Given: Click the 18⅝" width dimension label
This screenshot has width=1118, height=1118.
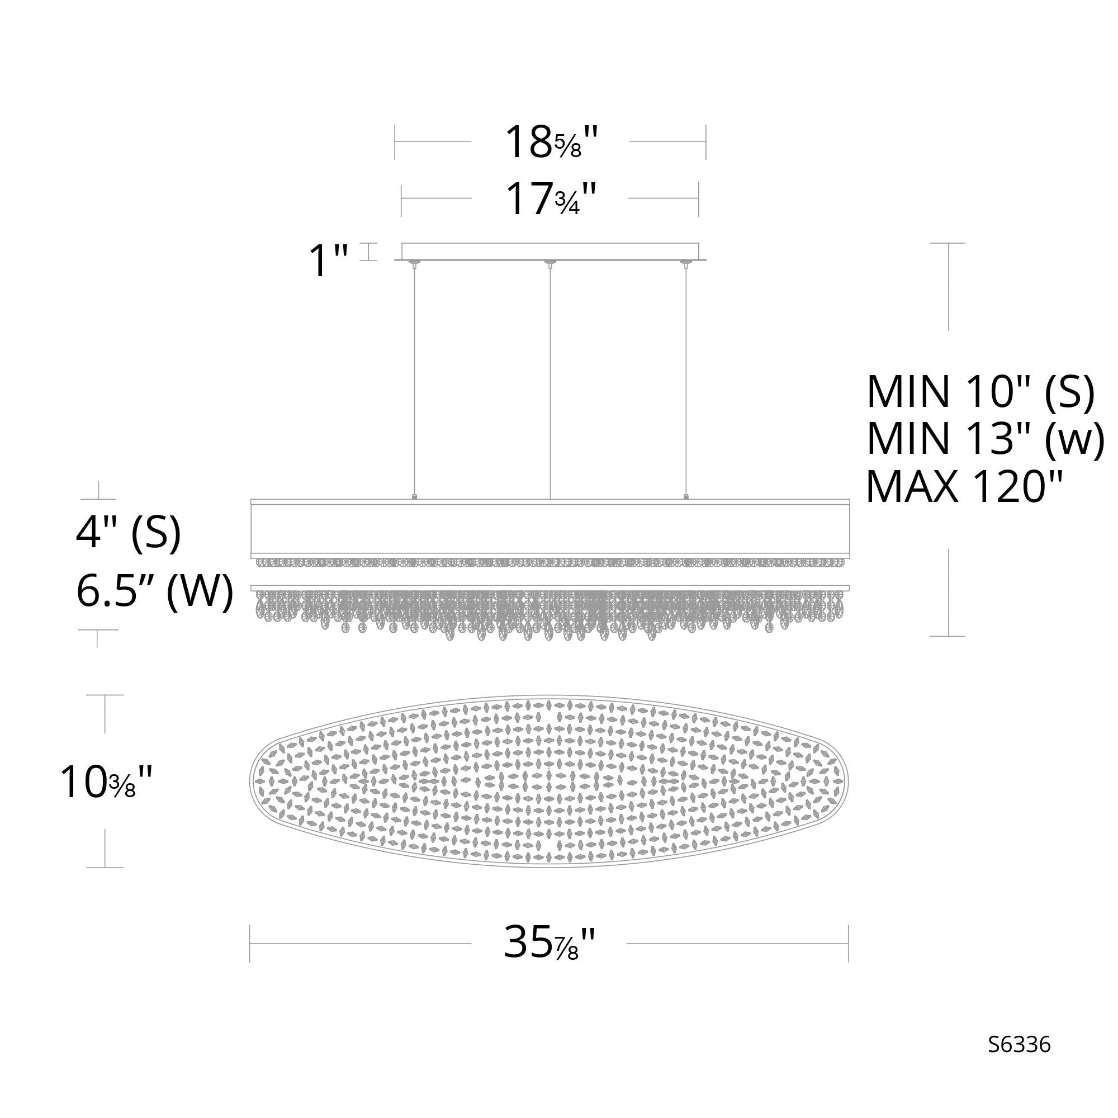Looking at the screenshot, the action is (550, 143).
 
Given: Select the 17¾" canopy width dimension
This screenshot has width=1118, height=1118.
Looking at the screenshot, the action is (550, 198).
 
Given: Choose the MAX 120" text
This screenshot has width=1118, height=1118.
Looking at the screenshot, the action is (965, 487).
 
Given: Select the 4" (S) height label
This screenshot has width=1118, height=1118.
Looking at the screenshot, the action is (129, 533).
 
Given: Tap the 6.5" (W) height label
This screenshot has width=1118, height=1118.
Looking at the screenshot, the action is (154, 592).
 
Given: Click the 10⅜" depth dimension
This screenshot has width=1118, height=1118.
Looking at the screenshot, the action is (106, 783).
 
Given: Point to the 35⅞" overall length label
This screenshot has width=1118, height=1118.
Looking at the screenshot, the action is (549, 943).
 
